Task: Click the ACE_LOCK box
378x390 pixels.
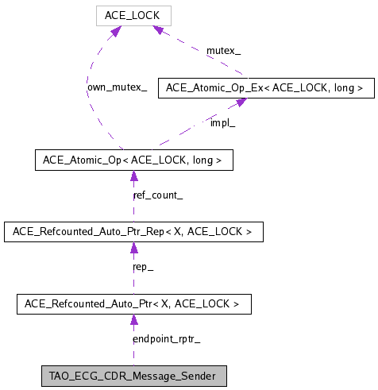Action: click(x=133, y=15)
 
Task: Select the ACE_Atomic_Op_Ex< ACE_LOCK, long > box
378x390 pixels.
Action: click(x=266, y=88)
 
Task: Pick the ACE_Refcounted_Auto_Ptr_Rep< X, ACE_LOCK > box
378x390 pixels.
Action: click(x=133, y=232)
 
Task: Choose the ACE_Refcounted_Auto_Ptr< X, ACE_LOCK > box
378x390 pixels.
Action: click(x=133, y=303)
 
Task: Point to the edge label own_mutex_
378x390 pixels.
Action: click(x=117, y=87)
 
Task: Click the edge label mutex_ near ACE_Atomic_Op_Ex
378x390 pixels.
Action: click(x=224, y=51)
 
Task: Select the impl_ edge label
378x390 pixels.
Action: click(x=222, y=123)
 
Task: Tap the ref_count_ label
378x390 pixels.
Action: click(x=157, y=195)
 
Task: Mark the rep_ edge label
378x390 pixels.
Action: click(x=143, y=267)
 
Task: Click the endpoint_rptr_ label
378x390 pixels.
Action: click(x=166, y=339)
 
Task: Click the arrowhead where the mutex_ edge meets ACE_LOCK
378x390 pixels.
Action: click(x=160, y=30)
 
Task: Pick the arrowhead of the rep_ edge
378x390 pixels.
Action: click(x=133, y=248)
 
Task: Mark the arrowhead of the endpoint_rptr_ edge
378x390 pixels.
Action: click(x=133, y=319)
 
